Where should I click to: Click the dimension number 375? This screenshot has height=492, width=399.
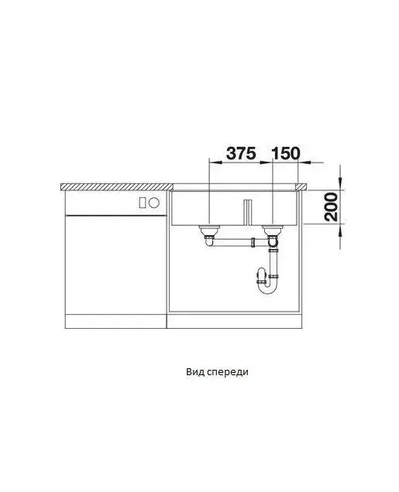point(241,153)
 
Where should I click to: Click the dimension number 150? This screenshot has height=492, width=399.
point(286,153)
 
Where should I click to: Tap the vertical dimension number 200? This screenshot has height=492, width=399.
point(331,207)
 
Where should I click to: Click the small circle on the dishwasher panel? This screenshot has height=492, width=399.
point(154,203)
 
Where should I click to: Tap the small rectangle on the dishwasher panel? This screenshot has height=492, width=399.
point(143,203)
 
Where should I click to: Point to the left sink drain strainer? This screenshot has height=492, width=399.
point(208,231)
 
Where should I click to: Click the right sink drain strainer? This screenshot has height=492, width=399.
point(273,231)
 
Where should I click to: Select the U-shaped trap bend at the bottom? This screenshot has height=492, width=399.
point(267,287)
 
